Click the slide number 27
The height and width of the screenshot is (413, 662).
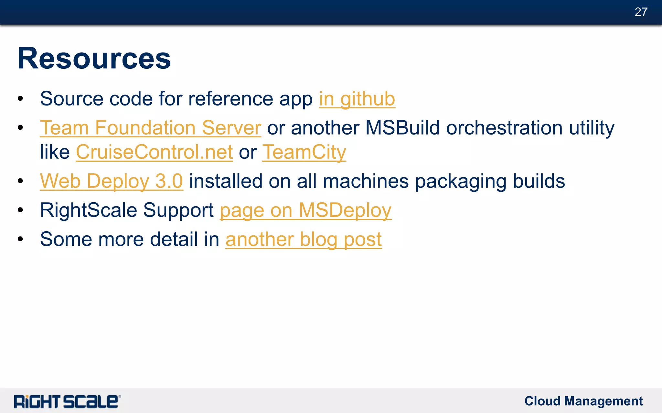(641, 12)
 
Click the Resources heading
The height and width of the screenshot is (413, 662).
(94, 58)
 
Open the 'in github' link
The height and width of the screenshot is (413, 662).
(357, 99)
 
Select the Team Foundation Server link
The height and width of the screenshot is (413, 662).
(150, 128)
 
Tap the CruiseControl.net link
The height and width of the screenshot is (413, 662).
(154, 152)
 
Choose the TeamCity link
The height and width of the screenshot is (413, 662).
(304, 152)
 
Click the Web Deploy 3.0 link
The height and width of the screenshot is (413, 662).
(112, 181)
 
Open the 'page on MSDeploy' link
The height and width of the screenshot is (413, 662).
(305, 210)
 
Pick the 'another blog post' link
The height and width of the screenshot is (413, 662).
(303, 239)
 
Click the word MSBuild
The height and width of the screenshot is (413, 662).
(402, 128)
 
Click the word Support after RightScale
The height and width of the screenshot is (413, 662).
(178, 210)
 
